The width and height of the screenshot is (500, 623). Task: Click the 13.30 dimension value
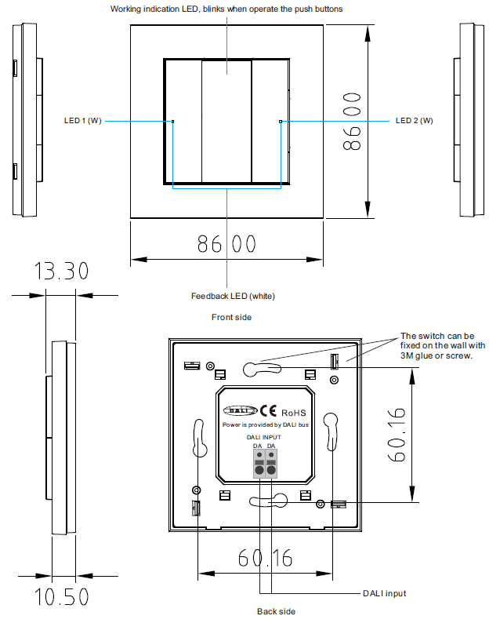point(60,271)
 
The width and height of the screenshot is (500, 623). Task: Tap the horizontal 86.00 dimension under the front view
point(226,244)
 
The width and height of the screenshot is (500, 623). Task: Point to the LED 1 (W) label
point(82,121)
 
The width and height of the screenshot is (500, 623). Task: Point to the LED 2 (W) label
point(414,121)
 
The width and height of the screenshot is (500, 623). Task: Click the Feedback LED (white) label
point(233,296)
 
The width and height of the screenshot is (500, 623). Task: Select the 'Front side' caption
point(231,317)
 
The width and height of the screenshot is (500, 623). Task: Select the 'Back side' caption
point(276,610)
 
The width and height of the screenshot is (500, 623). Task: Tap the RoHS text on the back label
point(292,413)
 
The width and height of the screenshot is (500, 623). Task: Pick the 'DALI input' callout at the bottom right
point(384,593)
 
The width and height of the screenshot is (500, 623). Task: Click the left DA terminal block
point(258,466)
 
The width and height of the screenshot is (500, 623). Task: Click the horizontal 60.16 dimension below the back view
point(265,558)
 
